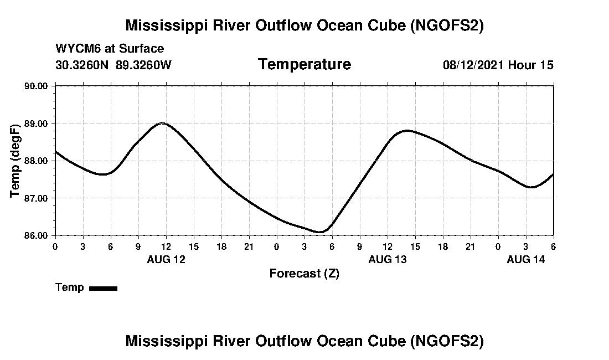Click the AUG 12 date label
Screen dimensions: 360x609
click(166, 259)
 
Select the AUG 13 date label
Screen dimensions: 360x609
click(388, 259)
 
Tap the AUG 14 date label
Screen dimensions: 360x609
click(526, 259)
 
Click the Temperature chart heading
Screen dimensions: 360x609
click(304, 64)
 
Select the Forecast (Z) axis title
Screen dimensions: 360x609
click(304, 273)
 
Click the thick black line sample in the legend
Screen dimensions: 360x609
click(103, 288)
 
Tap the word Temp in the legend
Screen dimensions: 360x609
click(69, 287)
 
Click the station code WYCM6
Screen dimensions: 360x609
click(75, 49)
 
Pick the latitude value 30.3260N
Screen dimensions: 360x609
click(82, 65)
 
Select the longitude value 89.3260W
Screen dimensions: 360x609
click(143, 65)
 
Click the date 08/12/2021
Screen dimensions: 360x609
click(473, 65)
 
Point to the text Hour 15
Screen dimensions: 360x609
click(531, 65)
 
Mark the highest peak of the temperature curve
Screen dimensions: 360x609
click(162, 123)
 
